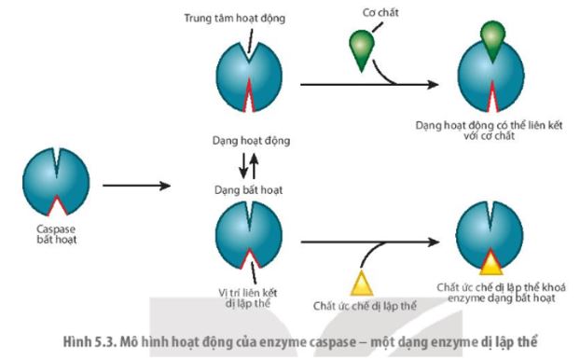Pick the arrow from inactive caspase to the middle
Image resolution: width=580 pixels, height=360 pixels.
click(136, 186)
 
